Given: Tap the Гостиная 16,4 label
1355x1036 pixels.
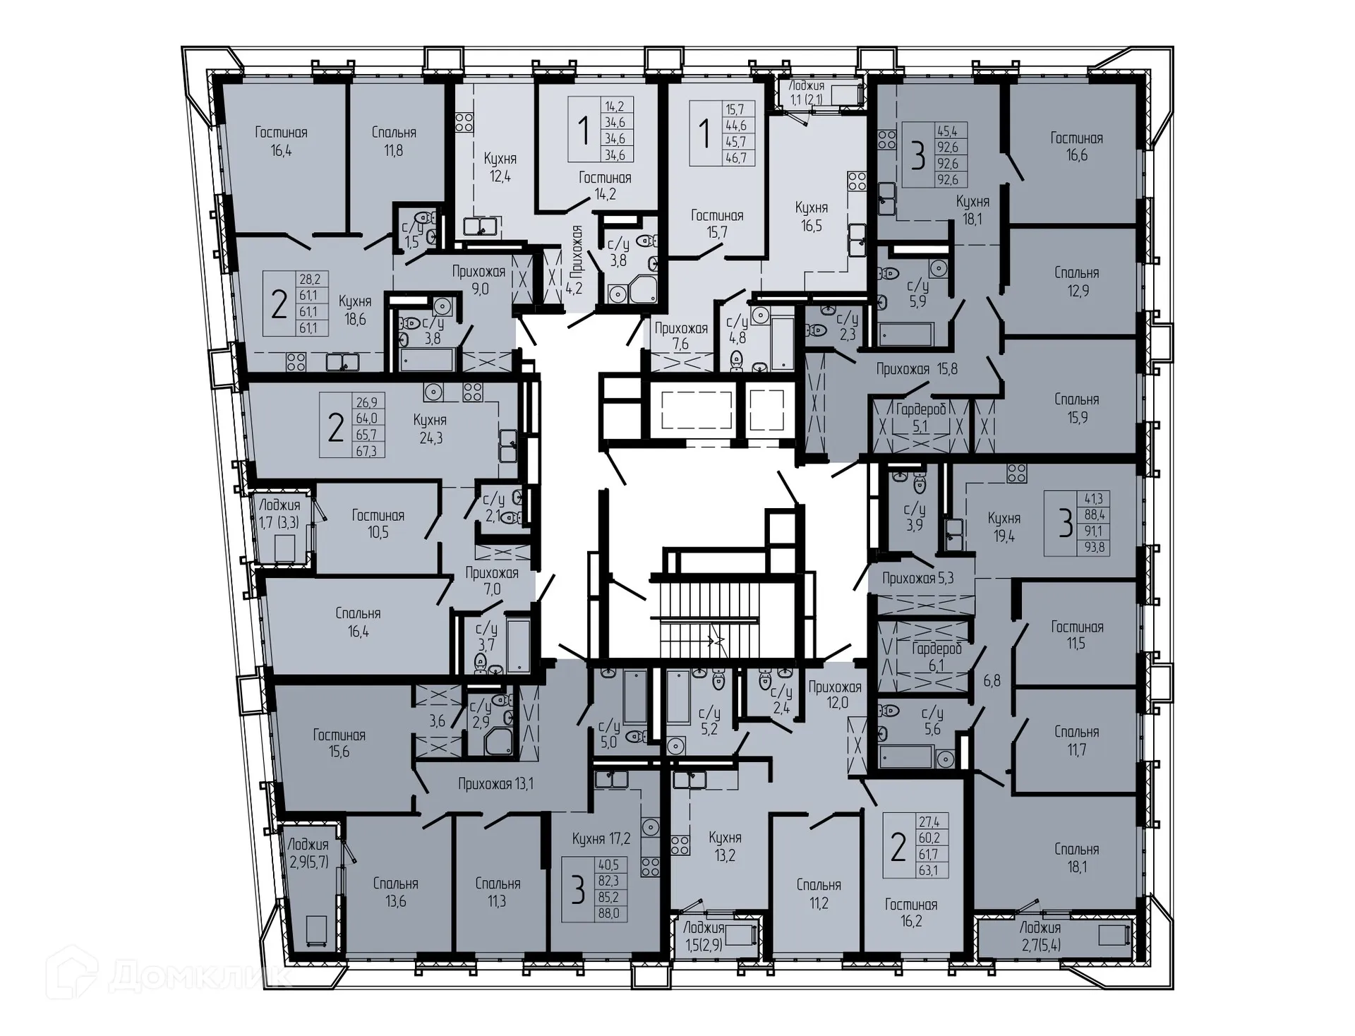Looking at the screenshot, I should [281, 141].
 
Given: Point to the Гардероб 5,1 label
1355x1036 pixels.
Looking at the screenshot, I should [920, 417].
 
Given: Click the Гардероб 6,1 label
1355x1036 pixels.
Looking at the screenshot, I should [937, 657].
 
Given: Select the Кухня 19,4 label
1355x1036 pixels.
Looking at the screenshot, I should [1004, 527].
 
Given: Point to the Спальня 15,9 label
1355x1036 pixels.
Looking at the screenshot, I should [1076, 408].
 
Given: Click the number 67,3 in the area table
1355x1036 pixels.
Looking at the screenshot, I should [366, 451].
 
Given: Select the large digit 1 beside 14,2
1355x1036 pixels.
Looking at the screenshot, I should [584, 131].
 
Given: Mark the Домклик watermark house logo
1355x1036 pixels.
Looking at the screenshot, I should [71, 972].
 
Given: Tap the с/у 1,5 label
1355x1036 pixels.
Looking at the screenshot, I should [411, 234].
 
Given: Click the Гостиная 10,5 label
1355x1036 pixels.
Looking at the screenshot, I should [378, 524].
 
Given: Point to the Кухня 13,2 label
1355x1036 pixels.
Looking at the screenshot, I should [725, 846].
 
